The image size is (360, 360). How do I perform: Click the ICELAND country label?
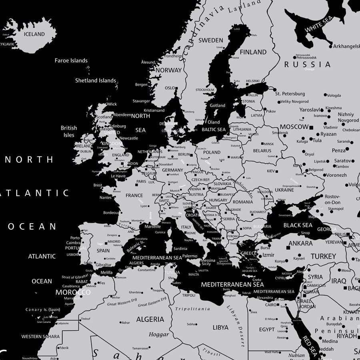tap(34, 34)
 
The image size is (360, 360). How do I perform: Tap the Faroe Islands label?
tap(71, 60)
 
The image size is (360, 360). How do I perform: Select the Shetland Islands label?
tap(96, 80)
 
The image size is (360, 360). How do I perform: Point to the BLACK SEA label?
tap(298, 225)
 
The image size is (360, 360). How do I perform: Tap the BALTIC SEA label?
tap(214, 129)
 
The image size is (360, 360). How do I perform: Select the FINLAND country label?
tap(253, 52)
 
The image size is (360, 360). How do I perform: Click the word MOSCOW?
tap(294, 127)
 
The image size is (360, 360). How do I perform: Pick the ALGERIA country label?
tap(150, 319)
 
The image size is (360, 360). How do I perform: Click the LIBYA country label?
tap(220, 327)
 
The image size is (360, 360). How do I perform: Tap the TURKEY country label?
tap(324, 256)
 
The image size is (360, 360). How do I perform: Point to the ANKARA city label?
tap(300, 243)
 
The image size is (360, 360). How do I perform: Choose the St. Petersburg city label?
tap(290, 94)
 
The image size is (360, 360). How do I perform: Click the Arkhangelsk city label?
tap(346, 46)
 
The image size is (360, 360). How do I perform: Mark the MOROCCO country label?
tap(73, 292)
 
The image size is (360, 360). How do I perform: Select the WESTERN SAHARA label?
tap(40, 336)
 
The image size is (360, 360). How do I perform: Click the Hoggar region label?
tap(159, 334)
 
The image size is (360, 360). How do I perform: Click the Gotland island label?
tap(218, 106)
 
